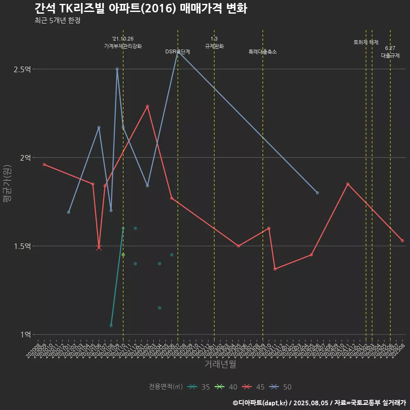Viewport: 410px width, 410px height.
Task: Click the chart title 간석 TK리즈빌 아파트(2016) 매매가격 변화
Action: point(141,9)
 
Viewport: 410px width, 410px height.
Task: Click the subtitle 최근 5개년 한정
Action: point(57,20)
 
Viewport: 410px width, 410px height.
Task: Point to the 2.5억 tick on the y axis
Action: point(22,69)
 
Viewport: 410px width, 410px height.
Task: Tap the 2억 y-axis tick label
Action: point(25,158)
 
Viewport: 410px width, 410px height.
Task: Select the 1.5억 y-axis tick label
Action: point(22,246)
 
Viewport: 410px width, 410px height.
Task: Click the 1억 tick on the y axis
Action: point(25,334)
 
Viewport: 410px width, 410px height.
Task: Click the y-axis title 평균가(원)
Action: point(7,184)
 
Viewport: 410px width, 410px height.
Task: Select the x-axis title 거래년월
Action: point(220,364)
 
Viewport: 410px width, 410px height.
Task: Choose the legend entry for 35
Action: point(199,387)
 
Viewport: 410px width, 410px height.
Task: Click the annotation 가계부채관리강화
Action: point(123,46)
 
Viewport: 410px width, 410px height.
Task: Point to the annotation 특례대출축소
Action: point(263,52)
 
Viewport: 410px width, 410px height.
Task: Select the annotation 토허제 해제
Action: point(366,42)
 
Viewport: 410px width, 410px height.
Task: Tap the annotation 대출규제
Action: point(390,56)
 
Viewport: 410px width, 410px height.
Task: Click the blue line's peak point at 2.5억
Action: point(117,69)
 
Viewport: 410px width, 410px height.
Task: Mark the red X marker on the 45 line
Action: point(99,247)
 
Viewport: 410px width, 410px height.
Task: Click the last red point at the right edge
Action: point(402,240)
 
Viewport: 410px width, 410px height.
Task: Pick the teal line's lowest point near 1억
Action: point(111,325)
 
